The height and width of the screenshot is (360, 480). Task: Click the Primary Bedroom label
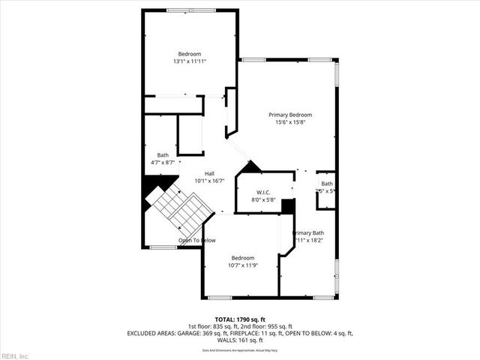(x=290, y=114)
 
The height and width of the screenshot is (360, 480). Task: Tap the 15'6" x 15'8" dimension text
(x=290, y=122)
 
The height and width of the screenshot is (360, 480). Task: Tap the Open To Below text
(x=196, y=241)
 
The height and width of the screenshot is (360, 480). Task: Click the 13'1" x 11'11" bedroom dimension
(x=189, y=61)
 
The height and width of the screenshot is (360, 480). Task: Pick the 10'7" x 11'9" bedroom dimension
(x=242, y=265)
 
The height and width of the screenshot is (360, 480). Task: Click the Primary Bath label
(x=309, y=233)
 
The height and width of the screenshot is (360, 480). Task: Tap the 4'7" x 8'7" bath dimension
(x=163, y=162)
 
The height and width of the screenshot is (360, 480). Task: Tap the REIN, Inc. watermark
(x=15, y=355)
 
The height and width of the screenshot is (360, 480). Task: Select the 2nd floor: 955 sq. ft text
(x=266, y=326)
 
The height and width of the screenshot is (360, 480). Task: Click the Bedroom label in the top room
(x=189, y=54)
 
